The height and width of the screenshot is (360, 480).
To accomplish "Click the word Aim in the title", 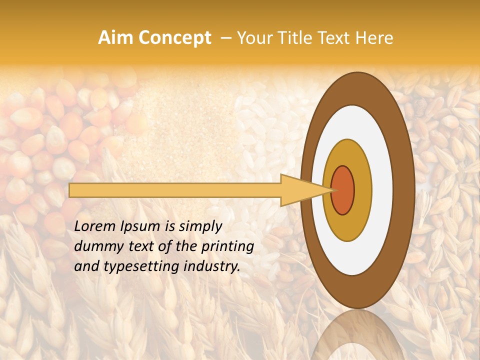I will [116, 38].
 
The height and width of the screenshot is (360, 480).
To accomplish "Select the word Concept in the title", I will [174, 38].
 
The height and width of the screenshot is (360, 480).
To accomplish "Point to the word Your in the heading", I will [253, 38].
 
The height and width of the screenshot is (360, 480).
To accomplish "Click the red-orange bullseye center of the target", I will [342, 190].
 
